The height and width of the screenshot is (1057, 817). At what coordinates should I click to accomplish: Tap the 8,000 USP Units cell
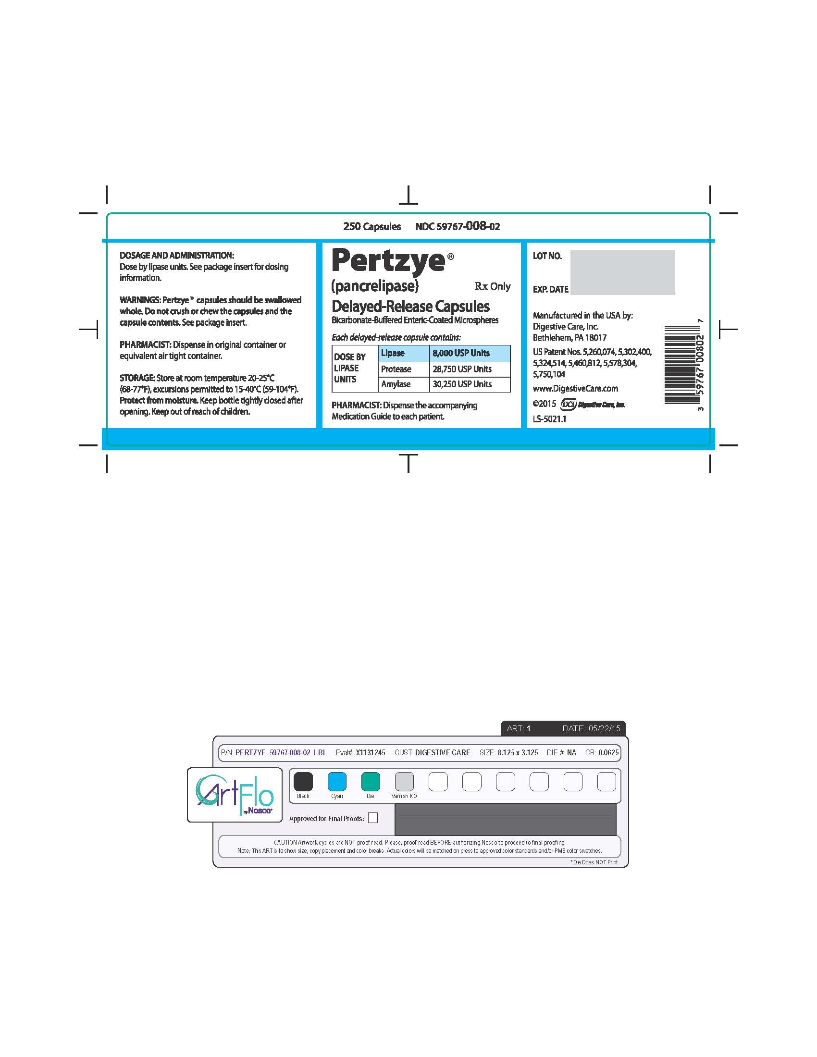(470, 353)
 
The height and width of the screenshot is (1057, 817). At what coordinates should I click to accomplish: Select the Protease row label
(396, 369)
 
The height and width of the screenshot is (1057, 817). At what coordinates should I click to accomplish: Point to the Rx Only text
(493, 286)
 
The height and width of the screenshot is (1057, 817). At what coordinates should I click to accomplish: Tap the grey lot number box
(622, 272)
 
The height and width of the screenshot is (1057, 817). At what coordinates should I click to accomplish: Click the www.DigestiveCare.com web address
(575, 389)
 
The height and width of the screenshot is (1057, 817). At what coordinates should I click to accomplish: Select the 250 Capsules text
(371, 226)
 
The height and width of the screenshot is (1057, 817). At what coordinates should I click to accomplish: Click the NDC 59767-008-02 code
(458, 226)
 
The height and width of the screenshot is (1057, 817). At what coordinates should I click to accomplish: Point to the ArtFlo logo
(235, 794)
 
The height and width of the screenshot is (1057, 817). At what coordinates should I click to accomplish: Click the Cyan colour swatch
(337, 781)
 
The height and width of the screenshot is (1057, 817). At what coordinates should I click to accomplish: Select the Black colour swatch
(303, 781)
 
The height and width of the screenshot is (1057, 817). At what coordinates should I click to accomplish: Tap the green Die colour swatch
(371, 781)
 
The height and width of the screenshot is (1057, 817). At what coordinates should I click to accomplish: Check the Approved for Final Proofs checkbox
(372, 818)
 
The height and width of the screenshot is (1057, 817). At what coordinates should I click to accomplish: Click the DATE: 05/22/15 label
(591, 728)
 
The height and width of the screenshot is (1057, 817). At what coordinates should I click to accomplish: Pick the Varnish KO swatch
(404, 781)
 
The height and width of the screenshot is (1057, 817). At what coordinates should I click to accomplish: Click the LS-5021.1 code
(549, 419)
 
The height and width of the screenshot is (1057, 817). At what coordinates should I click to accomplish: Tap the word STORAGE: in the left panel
(137, 378)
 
